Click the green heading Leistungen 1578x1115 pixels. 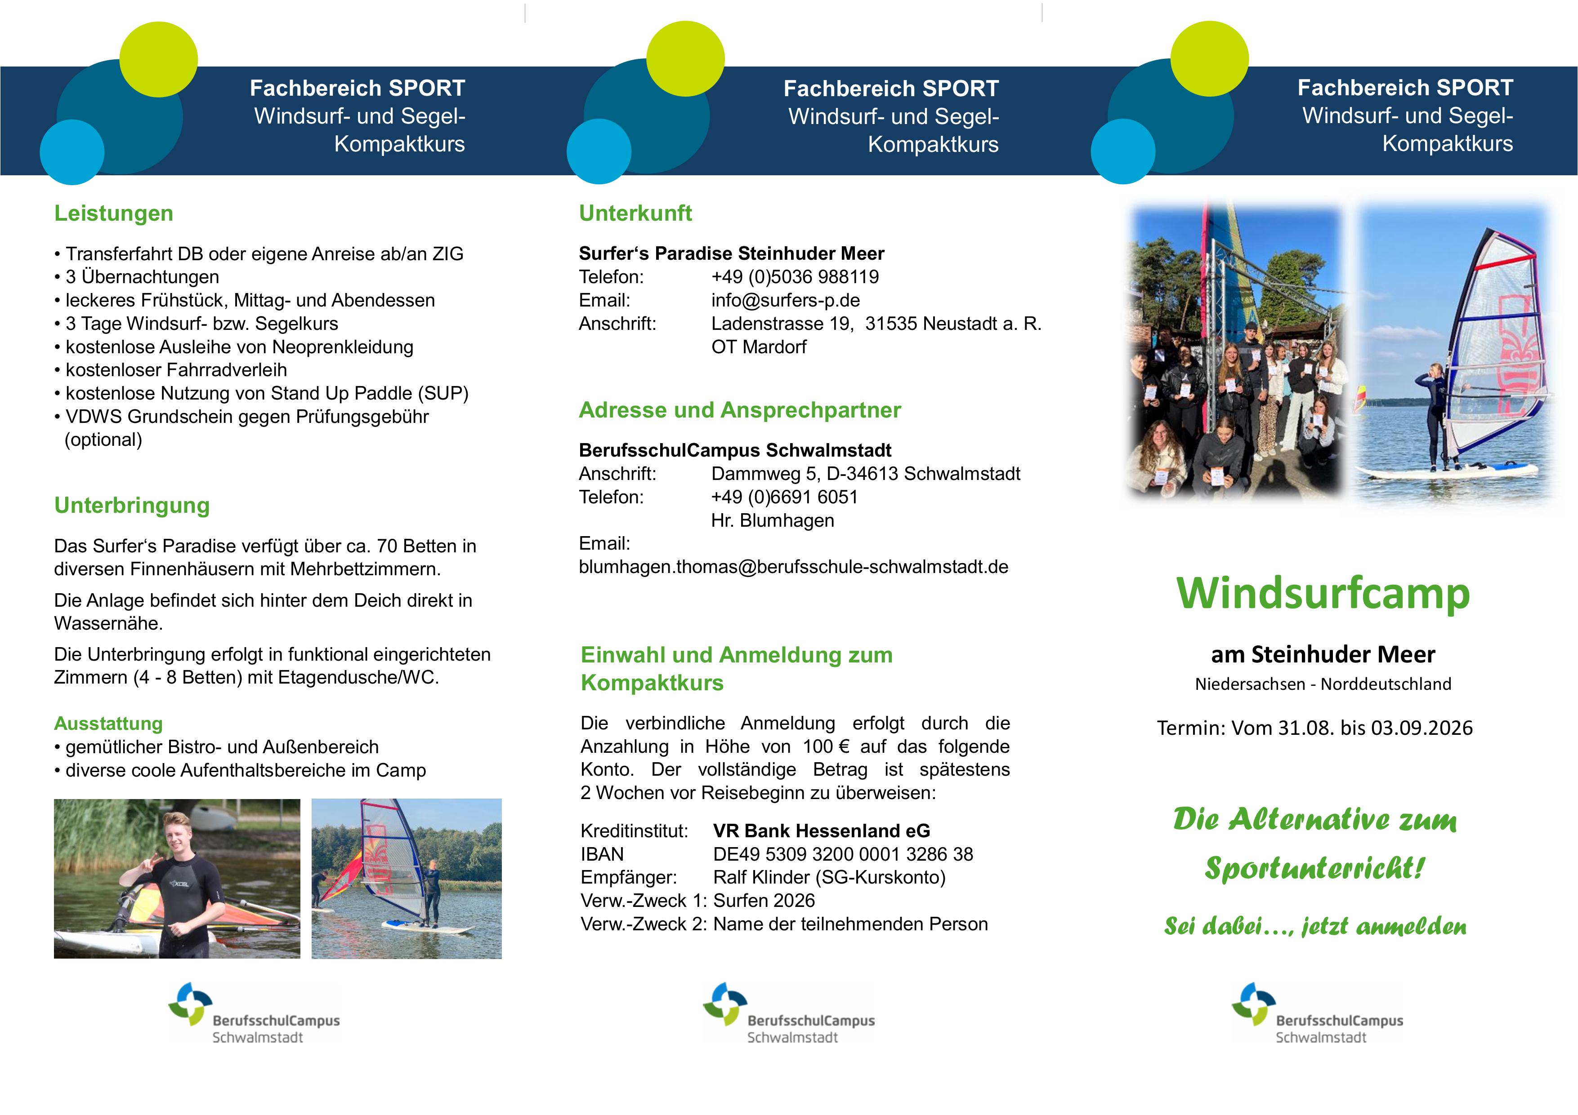pos(113,213)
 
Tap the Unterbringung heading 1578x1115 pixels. pos(132,506)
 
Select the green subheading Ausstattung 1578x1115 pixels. pos(108,724)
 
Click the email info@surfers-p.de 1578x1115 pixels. pos(786,300)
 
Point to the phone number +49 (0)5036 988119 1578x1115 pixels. pos(795,277)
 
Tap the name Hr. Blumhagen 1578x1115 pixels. pos(773,521)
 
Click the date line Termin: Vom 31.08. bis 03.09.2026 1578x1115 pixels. pos(1315,728)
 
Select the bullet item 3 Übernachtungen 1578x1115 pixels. pos(137,277)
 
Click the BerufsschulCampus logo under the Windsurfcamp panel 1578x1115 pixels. pos(1318,1013)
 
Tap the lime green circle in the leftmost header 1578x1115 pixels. pos(159,59)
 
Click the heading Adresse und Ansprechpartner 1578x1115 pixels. pos(739,410)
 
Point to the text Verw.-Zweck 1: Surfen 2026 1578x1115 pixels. pos(697,901)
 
